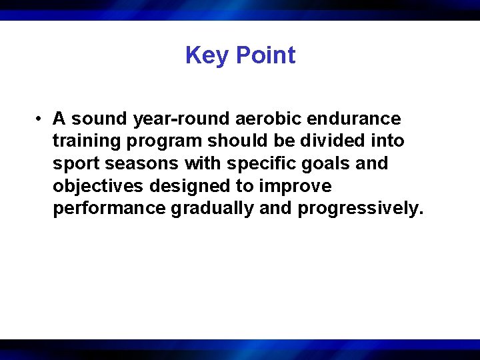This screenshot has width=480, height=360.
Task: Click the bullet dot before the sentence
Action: tap(40, 119)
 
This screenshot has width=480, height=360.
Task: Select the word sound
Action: tap(99, 119)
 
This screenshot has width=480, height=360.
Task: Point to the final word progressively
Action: tap(361, 209)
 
